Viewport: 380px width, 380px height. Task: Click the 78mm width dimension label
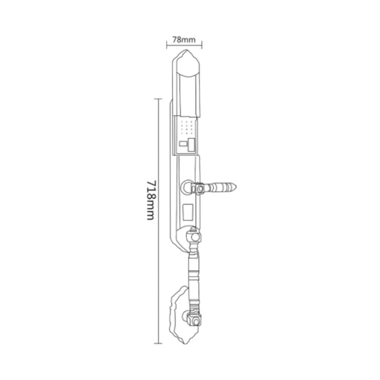coord(184,40)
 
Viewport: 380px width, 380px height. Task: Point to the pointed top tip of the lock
coord(186,50)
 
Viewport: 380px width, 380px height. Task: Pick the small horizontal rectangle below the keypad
coord(183,144)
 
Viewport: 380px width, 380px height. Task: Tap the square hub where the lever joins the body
coord(200,189)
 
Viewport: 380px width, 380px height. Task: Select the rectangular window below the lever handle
coord(187,212)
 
